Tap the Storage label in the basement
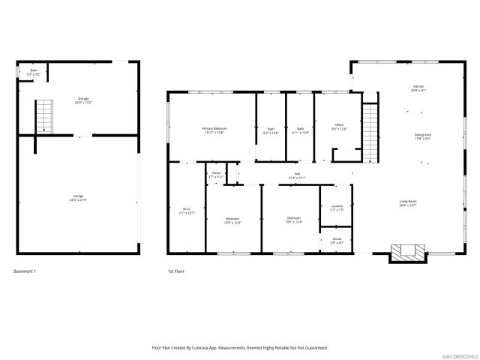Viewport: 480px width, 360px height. [x=83, y=100]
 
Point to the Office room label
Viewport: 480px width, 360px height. [x=339, y=126]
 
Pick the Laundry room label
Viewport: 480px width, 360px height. [x=337, y=208]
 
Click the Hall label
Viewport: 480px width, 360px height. [x=297, y=175]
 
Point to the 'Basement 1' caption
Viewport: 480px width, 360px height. [x=25, y=271]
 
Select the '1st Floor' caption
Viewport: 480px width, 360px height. [x=176, y=271]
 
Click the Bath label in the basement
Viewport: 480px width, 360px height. [x=33, y=72]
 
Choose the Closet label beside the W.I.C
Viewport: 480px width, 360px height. [x=216, y=175]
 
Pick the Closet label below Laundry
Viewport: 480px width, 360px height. [x=336, y=241]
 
